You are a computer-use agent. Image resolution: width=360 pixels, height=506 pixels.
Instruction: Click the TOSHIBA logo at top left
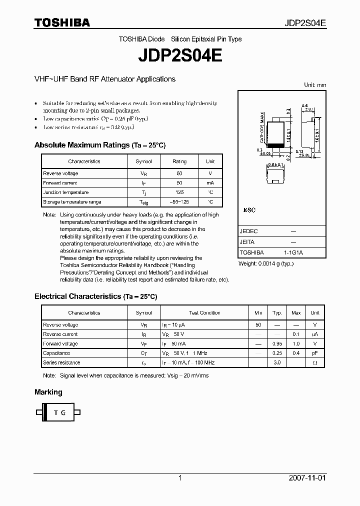point(62,22)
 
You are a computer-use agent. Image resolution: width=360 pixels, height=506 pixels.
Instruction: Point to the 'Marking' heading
point(48,392)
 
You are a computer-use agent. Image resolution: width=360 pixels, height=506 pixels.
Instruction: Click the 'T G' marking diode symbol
point(59,412)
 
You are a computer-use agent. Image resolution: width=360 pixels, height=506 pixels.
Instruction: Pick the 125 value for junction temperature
point(179,192)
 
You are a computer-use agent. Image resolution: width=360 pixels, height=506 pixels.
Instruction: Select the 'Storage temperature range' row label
point(72,202)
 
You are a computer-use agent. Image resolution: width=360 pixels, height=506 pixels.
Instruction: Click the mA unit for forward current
point(210,183)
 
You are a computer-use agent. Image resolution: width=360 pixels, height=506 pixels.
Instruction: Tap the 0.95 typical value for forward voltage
point(277,344)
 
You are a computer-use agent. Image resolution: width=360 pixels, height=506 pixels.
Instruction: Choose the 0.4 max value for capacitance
point(296,353)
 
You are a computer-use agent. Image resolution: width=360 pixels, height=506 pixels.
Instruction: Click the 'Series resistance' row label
point(61,362)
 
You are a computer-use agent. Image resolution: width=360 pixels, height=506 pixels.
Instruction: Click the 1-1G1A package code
point(293,253)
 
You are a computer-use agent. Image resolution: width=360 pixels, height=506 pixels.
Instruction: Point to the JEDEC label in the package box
point(248,232)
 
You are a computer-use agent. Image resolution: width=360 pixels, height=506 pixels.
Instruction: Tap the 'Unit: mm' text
point(315,85)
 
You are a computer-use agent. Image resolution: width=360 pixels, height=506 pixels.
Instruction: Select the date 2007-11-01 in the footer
point(307,478)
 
